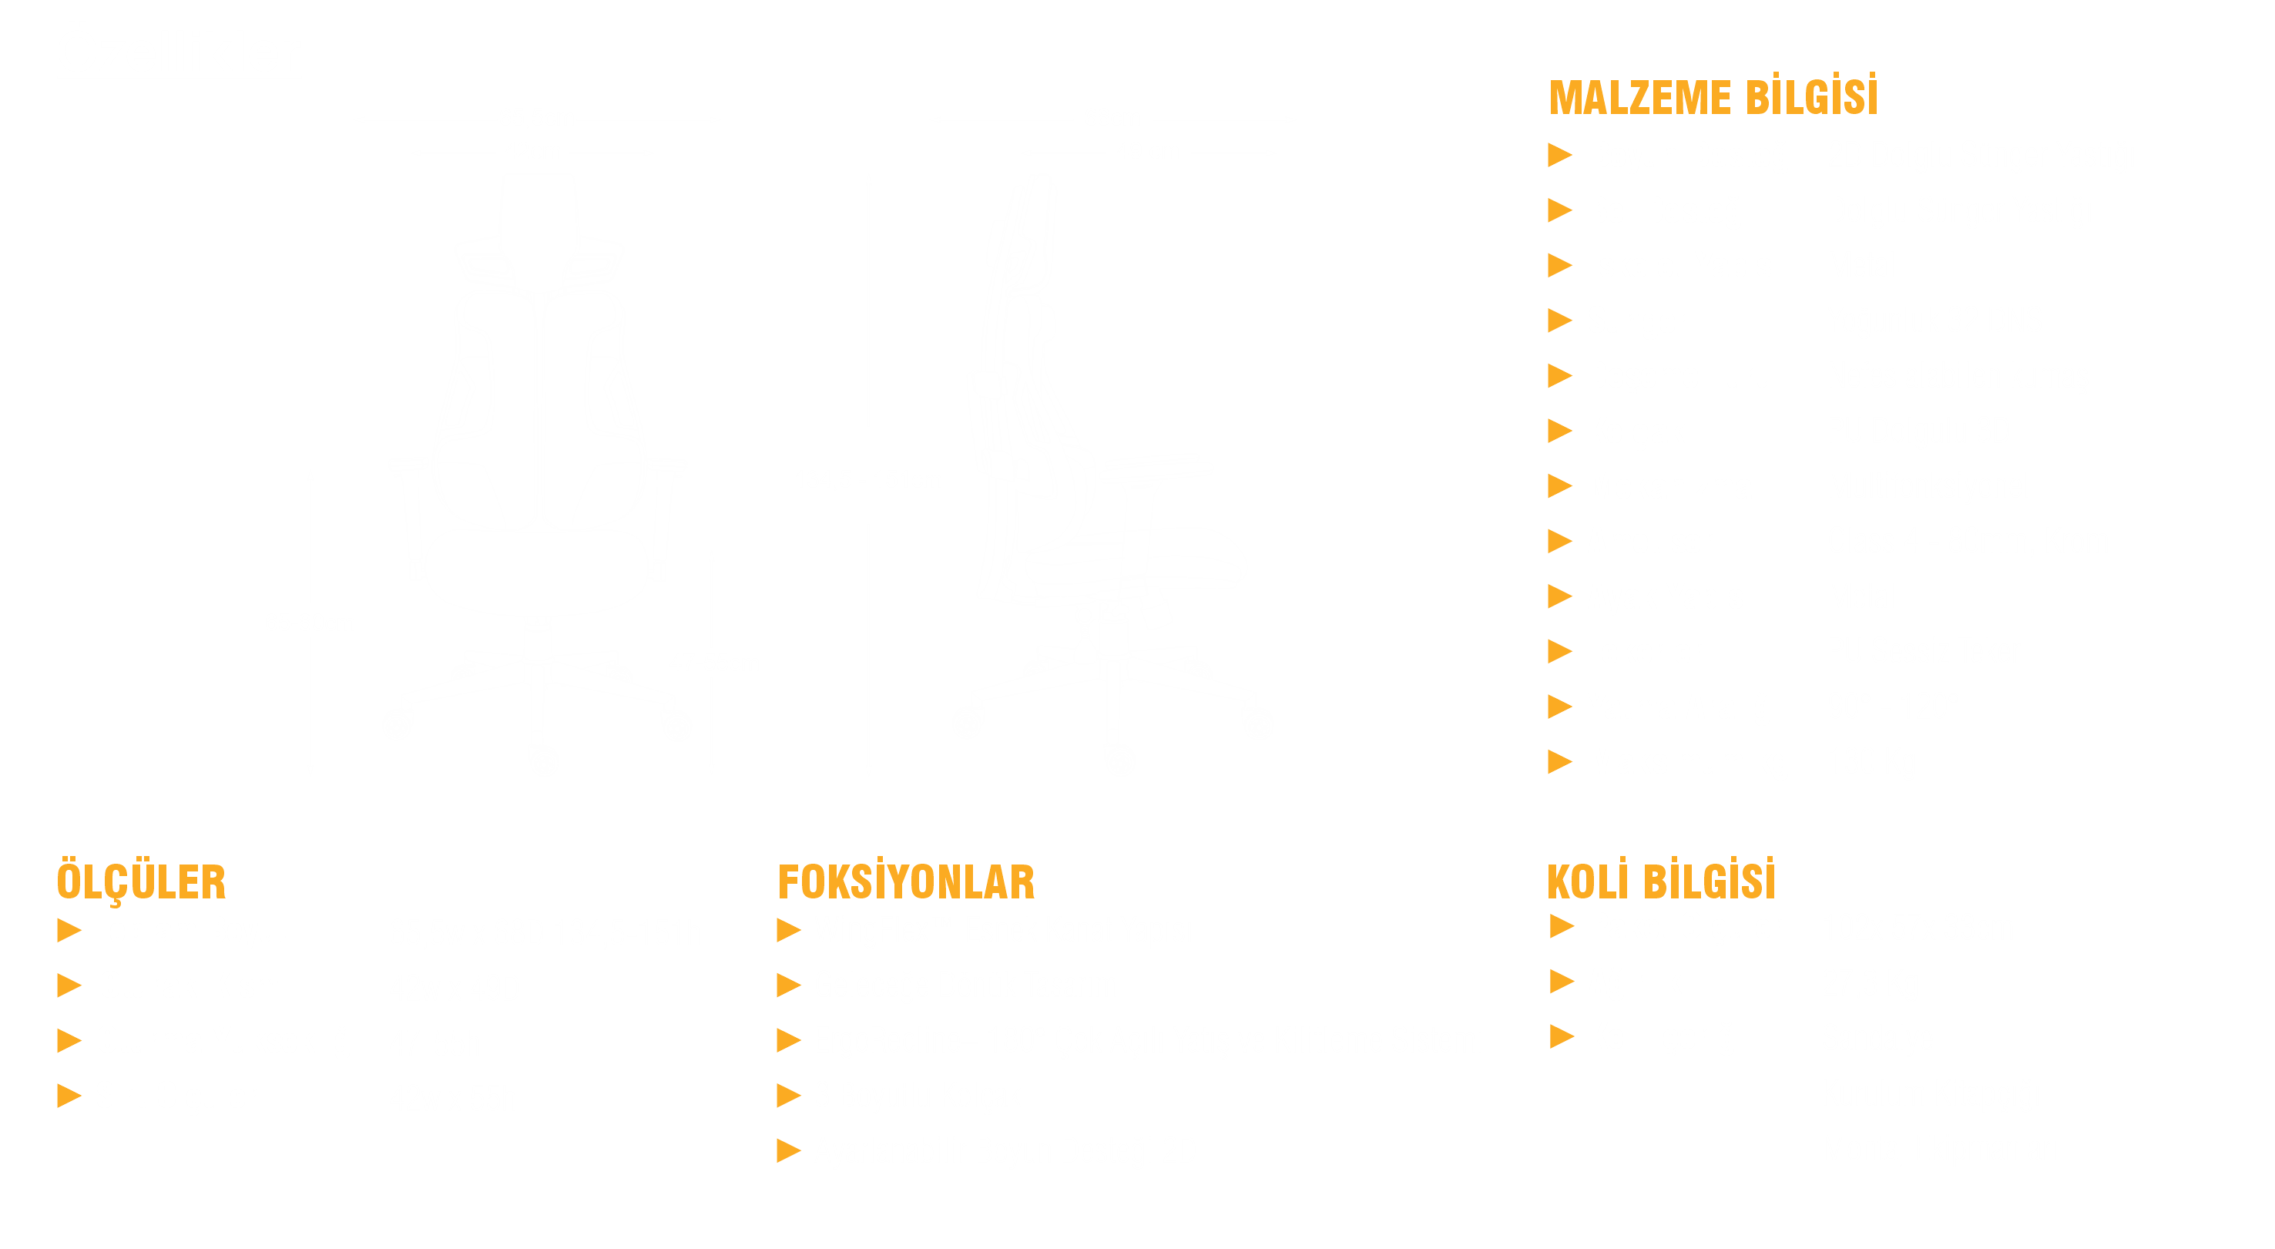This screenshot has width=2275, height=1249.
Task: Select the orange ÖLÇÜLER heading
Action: pyautogui.click(x=141, y=881)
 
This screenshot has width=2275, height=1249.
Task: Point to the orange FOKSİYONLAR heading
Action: pyautogui.click(x=906, y=881)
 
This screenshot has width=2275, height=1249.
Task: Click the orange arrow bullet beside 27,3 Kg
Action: pyautogui.click(x=1562, y=982)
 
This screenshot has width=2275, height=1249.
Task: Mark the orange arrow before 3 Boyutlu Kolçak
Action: pyautogui.click(x=789, y=1096)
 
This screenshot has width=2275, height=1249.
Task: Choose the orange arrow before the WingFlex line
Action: pyautogui.click(x=789, y=930)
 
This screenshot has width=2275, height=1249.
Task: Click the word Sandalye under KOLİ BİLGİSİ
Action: pyautogui.click(x=1876, y=1039)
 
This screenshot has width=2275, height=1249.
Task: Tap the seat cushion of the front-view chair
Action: pyautogui.click(x=537, y=569)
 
